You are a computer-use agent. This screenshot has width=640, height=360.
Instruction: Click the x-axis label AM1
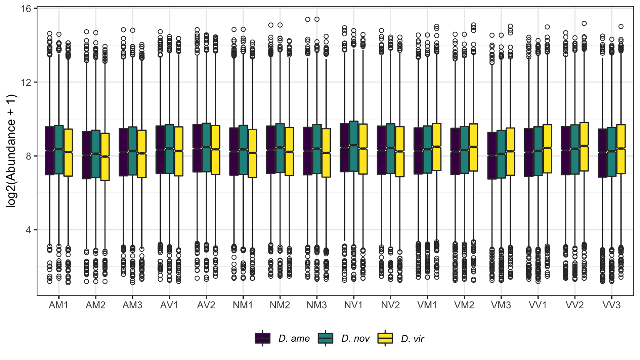pyautogui.click(x=58, y=305)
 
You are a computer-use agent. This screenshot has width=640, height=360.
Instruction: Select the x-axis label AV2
pyautogui.click(x=206, y=305)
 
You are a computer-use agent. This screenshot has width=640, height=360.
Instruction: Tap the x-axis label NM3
pyautogui.click(x=317, y=305)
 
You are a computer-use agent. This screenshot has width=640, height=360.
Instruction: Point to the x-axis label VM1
pyautogui.click(x=427, y=305)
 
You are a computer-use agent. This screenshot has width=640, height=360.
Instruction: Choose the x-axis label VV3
pyautogui.click(x=611, y=305)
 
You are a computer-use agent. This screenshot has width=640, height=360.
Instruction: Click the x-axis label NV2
pyautogui.click(x=390, y=305)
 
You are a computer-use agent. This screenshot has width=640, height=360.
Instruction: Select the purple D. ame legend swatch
pyautogui.click(x=263, y=338)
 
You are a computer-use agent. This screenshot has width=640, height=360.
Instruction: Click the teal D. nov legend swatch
pyautogui.click(x=326, y=338)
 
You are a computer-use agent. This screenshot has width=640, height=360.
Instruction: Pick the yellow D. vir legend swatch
pyautogui.click(x=385, y=338)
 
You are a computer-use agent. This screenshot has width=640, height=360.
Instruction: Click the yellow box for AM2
pyautogui.click(x=105, y=157)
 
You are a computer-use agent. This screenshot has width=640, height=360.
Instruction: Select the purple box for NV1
pyautogui.click(x=345, y=147)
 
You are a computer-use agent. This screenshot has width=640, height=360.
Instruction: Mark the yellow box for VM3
pyautogui.click(x=510, y=152)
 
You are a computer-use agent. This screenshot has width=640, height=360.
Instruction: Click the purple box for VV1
pyautogui.click(x=529, y=152)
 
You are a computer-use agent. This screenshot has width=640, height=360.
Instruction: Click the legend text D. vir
pyautogui.click(x=412, y=339)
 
